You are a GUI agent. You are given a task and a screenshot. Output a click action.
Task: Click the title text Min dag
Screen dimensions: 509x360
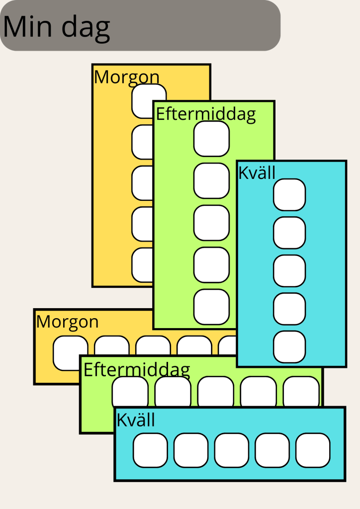click(x=56, y=27)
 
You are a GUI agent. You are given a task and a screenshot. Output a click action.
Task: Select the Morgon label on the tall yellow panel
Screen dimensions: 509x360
click(x=127, y=77)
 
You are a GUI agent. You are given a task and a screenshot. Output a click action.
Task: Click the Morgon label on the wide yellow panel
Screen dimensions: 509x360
click(x=67, y=322)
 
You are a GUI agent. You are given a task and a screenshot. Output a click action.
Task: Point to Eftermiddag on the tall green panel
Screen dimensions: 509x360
click(x=206, y=114)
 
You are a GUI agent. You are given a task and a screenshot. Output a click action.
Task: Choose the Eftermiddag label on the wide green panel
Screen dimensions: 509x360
click(x=137, y=370)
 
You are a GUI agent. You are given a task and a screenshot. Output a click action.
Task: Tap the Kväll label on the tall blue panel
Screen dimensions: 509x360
click(x=257, y=172)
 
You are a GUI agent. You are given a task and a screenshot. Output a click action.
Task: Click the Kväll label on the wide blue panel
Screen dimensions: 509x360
click(x=136, y=420)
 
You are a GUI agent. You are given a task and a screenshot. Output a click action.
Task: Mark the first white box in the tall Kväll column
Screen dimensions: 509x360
click(x=289, y=195)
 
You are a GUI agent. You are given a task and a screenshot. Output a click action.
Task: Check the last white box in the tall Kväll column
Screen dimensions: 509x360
click(x=289, y=347)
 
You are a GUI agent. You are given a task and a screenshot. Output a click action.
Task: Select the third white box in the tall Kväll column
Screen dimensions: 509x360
click(x=289, y=271)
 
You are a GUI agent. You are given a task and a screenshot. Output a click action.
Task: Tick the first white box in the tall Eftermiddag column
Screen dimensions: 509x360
click(x=211, y=139)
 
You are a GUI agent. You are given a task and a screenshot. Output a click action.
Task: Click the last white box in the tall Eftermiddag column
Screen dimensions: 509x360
click(x=211, y=307)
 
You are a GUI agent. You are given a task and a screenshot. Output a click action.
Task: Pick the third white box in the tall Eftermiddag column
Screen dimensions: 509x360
click(x=211, y=223)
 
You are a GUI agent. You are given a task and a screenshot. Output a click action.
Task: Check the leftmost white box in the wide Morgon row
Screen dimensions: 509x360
click(x=70, y=352)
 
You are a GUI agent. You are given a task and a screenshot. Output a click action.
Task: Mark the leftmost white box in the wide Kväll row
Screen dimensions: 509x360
click(x=150, y=450)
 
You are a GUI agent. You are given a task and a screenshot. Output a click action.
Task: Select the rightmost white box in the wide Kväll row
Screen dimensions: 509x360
click(x=313, y=450)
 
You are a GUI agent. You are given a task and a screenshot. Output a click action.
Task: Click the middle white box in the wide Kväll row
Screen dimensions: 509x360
click(x=232, y=450)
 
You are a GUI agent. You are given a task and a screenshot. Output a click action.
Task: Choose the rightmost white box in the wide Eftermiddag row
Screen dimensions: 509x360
click(x=301, y=390)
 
